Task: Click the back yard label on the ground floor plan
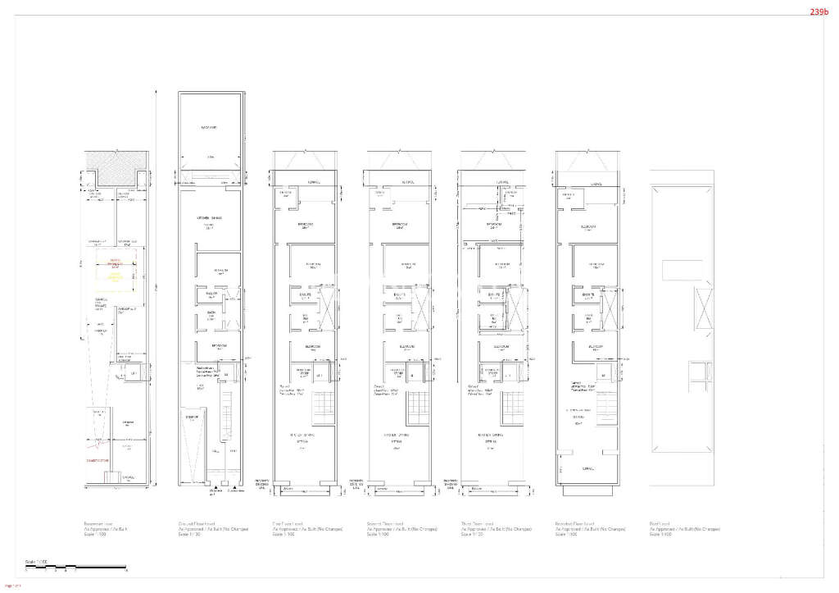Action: click(209, 128)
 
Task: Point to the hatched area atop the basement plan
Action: click(117, 159)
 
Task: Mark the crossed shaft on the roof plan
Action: click(702, 307)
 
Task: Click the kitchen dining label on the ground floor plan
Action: click(208, 220)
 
